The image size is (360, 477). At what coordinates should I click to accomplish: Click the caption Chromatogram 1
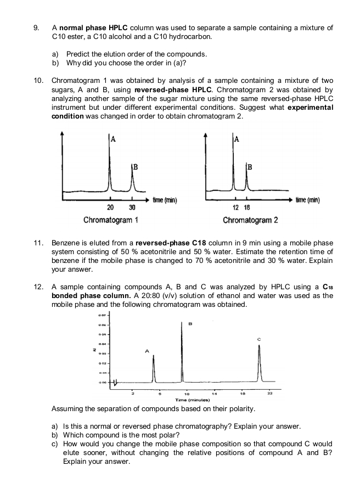tap(110, 220)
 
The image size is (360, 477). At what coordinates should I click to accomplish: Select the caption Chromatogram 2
tap(250, 220)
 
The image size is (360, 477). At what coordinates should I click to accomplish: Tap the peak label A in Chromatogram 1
tap(113, 139)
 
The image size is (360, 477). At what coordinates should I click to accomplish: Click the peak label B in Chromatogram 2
tap(250, 166)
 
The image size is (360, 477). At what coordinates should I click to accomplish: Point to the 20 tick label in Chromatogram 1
tap(110, 207)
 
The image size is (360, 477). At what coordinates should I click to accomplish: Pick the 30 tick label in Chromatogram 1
tap(131, 207)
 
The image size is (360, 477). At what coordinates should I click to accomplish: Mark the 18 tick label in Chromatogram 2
tap(246, 207)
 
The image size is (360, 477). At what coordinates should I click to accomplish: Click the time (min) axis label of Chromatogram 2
tap(308, 200)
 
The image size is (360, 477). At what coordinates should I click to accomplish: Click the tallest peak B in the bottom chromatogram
tap(182, 351)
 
